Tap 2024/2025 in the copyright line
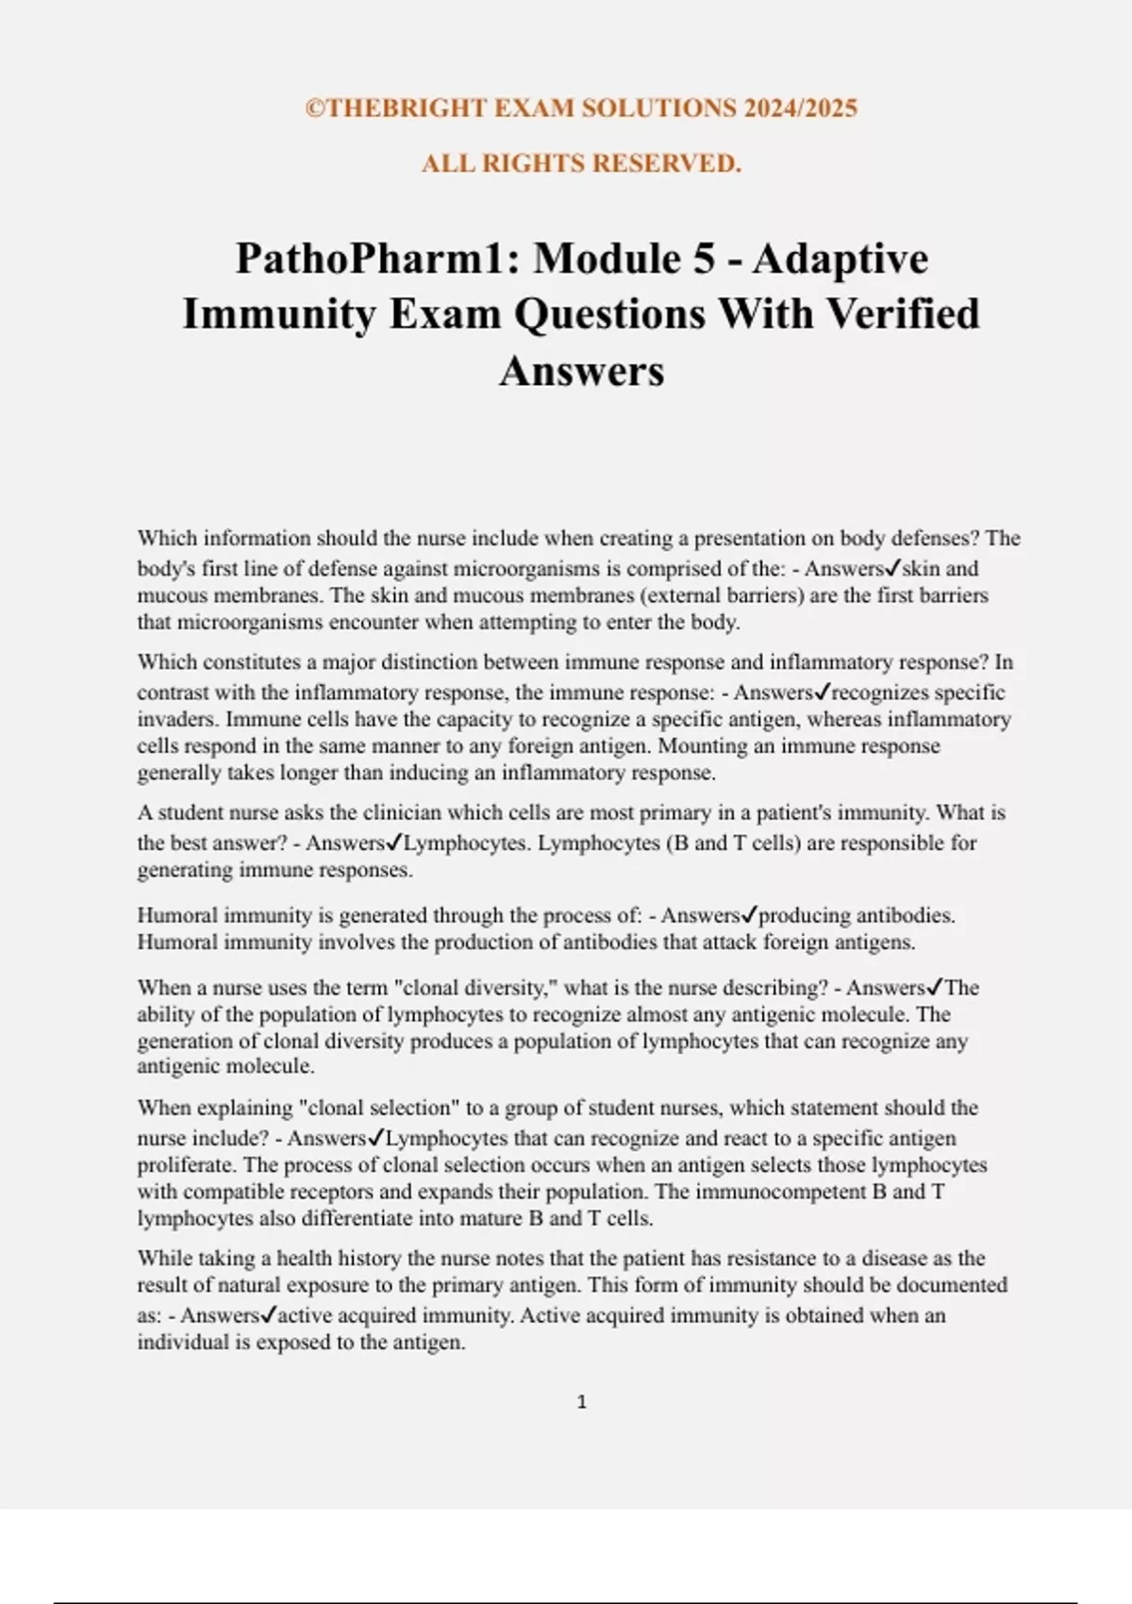click(801, 109)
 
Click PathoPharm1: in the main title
click(377, 259)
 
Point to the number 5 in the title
click(704, 259)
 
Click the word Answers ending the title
click(581, 371)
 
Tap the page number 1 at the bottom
click(581, 1402)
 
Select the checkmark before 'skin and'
click(893, 568)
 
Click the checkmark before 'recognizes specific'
click(822, 692)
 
